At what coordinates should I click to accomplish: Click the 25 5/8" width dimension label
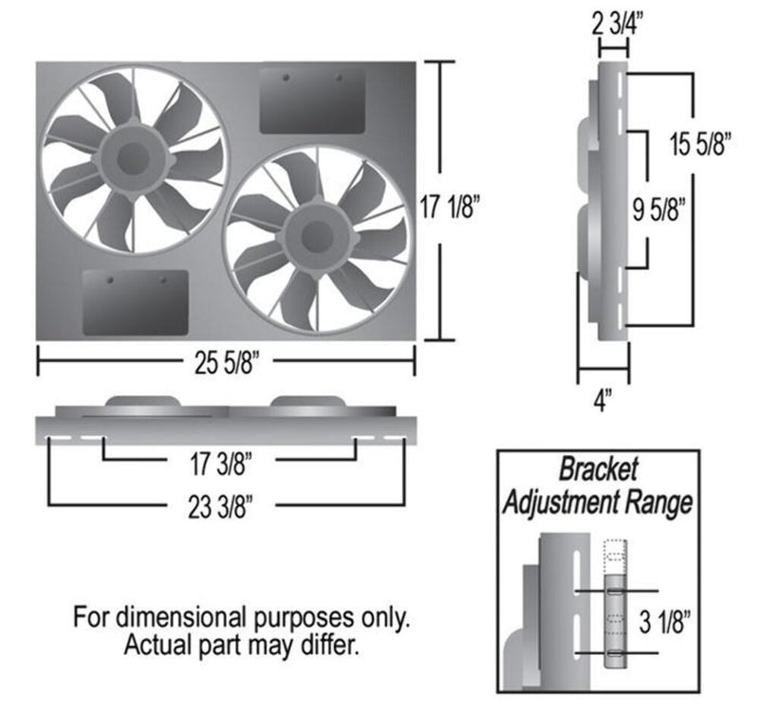tap(227, 361)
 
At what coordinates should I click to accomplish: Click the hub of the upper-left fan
tap(133, 156)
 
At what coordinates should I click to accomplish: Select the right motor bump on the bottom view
tap(304, 403)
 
